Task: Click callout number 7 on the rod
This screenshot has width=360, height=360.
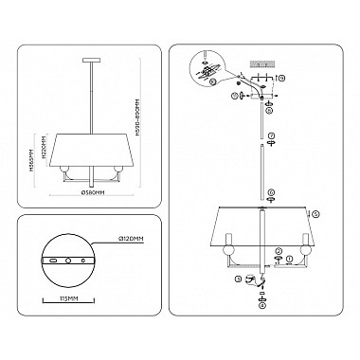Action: click(270, 137)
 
